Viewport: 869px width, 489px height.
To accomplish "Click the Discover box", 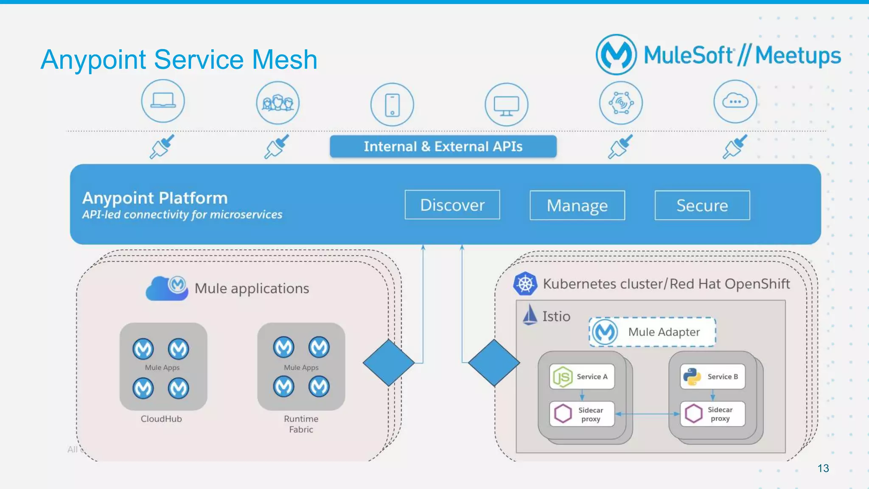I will coord(452,205).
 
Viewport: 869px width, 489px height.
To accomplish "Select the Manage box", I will coord(577,205).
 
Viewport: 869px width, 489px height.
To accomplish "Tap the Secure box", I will coord(702,205).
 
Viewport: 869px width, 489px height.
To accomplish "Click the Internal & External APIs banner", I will coord(443,146).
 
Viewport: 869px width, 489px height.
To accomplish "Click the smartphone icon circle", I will coord(392,104).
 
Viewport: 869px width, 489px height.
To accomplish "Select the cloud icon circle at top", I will coord(735,102).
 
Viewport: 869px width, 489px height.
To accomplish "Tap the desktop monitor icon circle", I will coord(507,104).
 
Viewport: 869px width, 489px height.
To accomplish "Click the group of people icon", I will coord(278,103).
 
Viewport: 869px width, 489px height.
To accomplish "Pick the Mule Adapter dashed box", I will coord(652,332).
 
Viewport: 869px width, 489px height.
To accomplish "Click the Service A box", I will coord(582,377).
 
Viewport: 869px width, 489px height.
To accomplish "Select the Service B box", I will coord(713,377).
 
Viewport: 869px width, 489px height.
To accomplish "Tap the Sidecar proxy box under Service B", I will coord(713,414).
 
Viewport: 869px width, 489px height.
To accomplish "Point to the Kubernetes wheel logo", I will coord(525,284).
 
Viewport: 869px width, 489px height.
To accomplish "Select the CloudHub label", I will coord(161,419).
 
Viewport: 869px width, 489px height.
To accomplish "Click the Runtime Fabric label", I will coord(301,424).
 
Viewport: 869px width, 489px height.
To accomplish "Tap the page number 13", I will coord(823,468).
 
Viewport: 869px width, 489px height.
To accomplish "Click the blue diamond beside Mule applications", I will coord(389,363).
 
